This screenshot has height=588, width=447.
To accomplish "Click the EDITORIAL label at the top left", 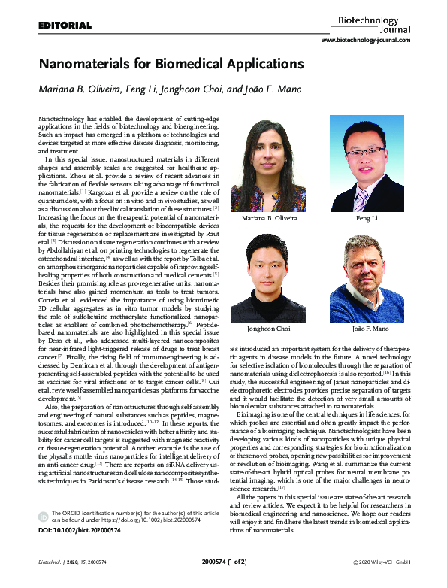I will (65, 26).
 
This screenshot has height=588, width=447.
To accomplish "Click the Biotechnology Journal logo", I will (372, 20).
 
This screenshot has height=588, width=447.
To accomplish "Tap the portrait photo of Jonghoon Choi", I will (269, 279).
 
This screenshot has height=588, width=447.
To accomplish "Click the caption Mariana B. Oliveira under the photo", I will (269, 218).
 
